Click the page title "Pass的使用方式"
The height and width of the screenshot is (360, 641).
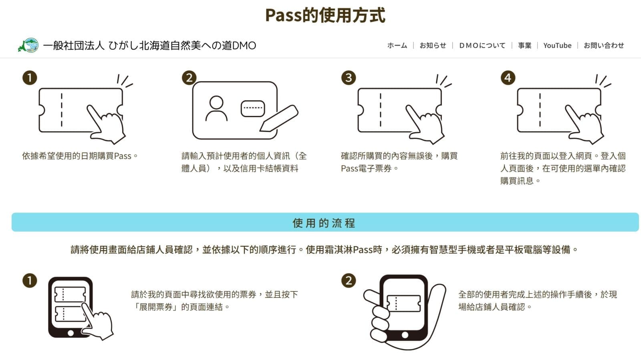click(325, 16)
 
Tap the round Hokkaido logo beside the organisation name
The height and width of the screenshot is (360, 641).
click(28, 45)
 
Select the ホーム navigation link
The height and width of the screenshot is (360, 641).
click(397, 46)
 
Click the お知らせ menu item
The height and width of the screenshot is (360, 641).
click(433, 46)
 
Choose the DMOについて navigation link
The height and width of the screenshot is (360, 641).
click(482, 46)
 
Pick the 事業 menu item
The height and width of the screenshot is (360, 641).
click(524, 46)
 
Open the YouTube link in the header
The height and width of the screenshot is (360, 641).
click(557, 46)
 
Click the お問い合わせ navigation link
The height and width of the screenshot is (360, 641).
click(604, 46)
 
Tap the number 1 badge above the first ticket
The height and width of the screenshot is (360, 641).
click(30, 78)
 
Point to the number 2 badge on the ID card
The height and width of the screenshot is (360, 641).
click(189, 78)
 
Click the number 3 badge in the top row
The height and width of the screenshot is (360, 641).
click(349, 78)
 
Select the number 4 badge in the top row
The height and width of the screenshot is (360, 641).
click(508, 78)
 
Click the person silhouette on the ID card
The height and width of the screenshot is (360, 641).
click(216, 109)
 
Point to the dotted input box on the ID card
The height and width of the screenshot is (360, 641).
click(253, 109)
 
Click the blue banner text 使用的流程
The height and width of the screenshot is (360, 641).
click(324, 223)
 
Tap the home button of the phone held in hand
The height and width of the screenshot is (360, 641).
click(405, 335)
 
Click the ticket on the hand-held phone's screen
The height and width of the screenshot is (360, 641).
click(403, 303)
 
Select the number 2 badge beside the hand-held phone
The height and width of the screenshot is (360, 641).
click(349, 280)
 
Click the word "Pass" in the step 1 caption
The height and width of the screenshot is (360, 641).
click(123, 156)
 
